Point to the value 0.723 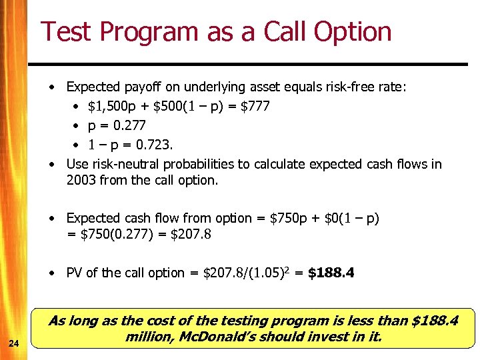coord(153,145)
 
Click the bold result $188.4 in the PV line coord(331,273)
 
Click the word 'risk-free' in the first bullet coord(349,87)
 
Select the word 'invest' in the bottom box coord(332,337)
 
